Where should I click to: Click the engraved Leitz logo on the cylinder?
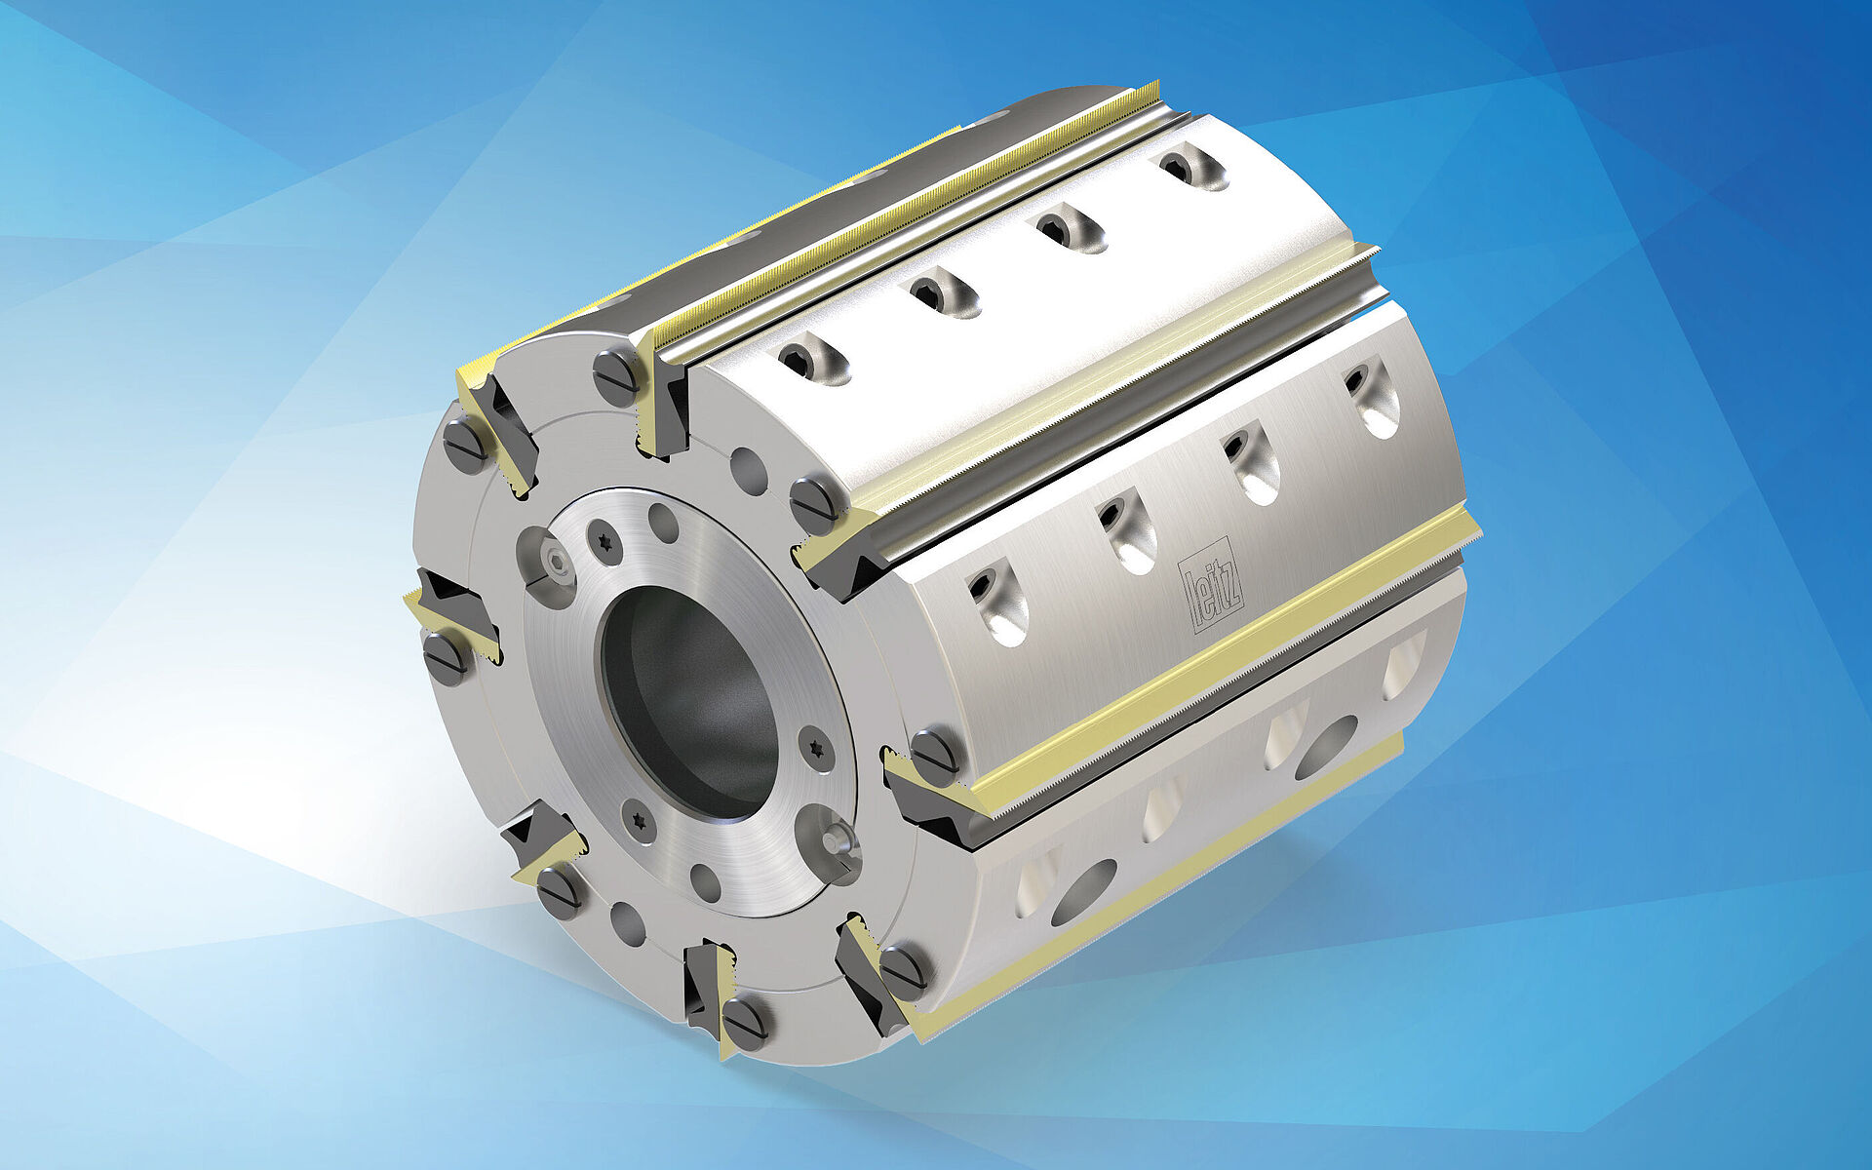point(1210,584)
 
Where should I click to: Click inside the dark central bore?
point(688,702)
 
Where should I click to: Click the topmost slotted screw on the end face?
point(615,376)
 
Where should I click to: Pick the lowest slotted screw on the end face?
point(745,1022)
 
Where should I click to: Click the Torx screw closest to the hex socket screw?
point(604,540)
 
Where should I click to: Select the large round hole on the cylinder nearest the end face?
point(1082,892)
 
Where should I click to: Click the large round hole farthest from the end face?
point(1326,747)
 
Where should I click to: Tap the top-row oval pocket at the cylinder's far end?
point(1192,165)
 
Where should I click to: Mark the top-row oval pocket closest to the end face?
point(812,360)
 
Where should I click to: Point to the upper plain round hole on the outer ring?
point(748,472)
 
